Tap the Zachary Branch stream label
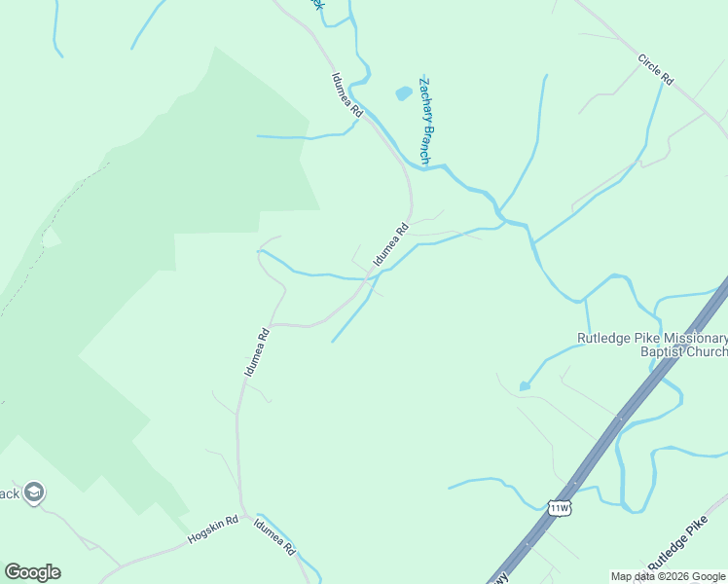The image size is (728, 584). [x=425, y=119]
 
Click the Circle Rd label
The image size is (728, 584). [x=656, y=69]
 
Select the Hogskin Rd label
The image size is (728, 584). [x=213, y=529]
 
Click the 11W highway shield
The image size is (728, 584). [x=558, y=507]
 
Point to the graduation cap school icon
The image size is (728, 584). [x=35, y=493]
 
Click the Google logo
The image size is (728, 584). [x=32, y=572]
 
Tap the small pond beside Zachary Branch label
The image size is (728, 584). [x=402, y=94]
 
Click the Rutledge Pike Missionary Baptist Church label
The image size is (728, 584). [x=651, y=346]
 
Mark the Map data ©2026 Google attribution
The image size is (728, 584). [x=668, y=576]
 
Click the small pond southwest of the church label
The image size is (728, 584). [x=525, y=386]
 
